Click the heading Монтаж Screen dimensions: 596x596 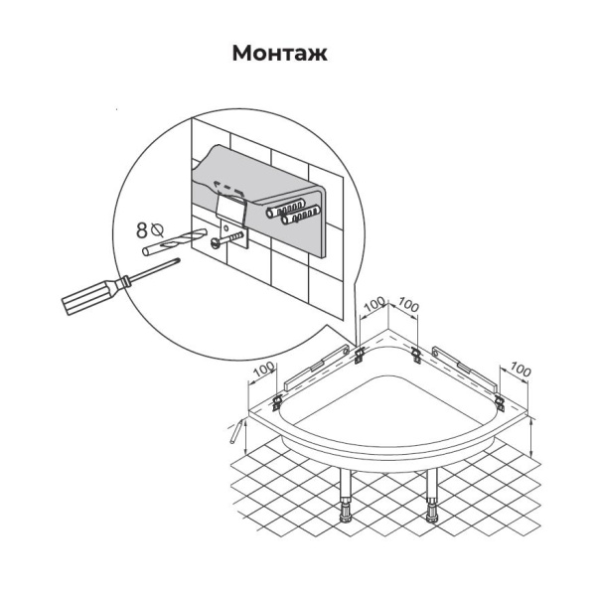click(x=279, y=54)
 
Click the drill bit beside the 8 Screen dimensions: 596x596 click(x=174, y=241)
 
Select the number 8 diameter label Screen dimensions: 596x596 click(x=142, y=230)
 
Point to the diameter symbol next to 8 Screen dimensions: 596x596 click(x=157, y=229)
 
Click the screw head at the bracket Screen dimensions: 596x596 click(x=215, y=242)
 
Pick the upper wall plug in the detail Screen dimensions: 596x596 click(x=286, y=208)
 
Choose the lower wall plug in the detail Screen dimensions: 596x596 click(x=300, y=216)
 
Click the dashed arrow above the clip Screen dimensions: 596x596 click(x=228, y=187)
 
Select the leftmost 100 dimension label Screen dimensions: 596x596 click(x=264, y=369)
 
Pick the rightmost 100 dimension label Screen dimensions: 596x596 click(x=520, y=370)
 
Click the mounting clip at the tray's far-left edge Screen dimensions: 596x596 click(x=278, y=401)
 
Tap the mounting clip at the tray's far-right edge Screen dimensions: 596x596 click(x=499, y=402)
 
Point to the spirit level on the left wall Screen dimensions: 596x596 click(x=317, y=368)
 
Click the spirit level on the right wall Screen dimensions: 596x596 click(x=465, y=369)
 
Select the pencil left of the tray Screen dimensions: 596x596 click(x=236, y=431)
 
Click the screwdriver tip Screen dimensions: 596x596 click(x=178, y=260)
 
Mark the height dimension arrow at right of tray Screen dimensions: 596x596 click(x=531, y=437)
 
